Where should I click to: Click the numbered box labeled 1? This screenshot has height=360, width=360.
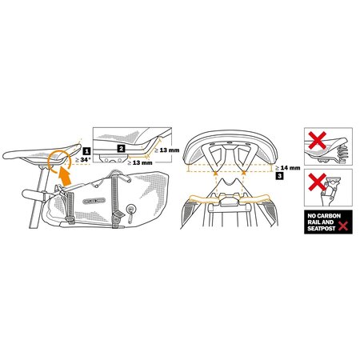(85, 150)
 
